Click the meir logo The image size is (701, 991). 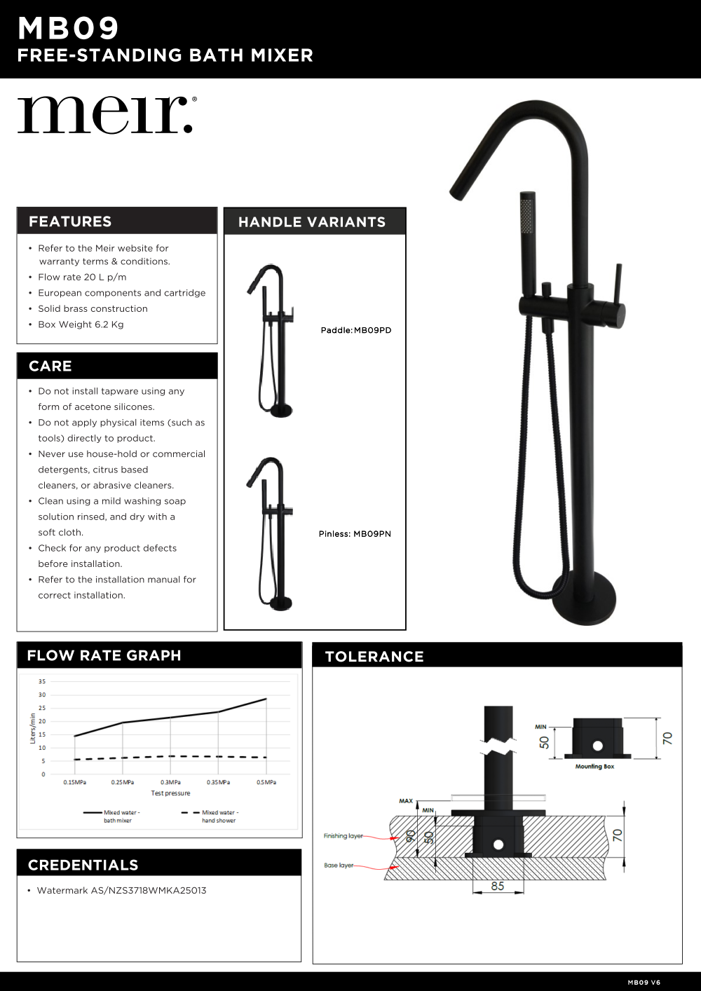[x=105, y=115]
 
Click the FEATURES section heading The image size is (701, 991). [x=70, y=221]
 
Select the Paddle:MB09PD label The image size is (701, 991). [x=356, y=330]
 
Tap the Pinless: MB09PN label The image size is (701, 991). [x=355, y=534]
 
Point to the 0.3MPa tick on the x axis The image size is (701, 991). [x=170, y=782]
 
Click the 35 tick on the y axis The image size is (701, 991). [x=42, y=681]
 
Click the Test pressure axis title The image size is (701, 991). [x=170, y=793]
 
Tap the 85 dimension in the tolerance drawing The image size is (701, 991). [x=498, y=886]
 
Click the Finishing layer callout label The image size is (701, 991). [x=343, y=835]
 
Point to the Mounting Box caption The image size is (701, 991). [x=594, y=767]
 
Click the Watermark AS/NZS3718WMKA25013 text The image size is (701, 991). [x=121, y=891]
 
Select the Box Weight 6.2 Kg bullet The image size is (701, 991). [x=81, y=324]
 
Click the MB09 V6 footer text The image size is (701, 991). [x=644, y=983]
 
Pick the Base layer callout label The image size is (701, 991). [x=339, y=866]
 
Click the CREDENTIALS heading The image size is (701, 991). [x=83, y=865]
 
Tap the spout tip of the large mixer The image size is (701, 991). [x=457, y=189]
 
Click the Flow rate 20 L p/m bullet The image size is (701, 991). [x=82, y=278]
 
